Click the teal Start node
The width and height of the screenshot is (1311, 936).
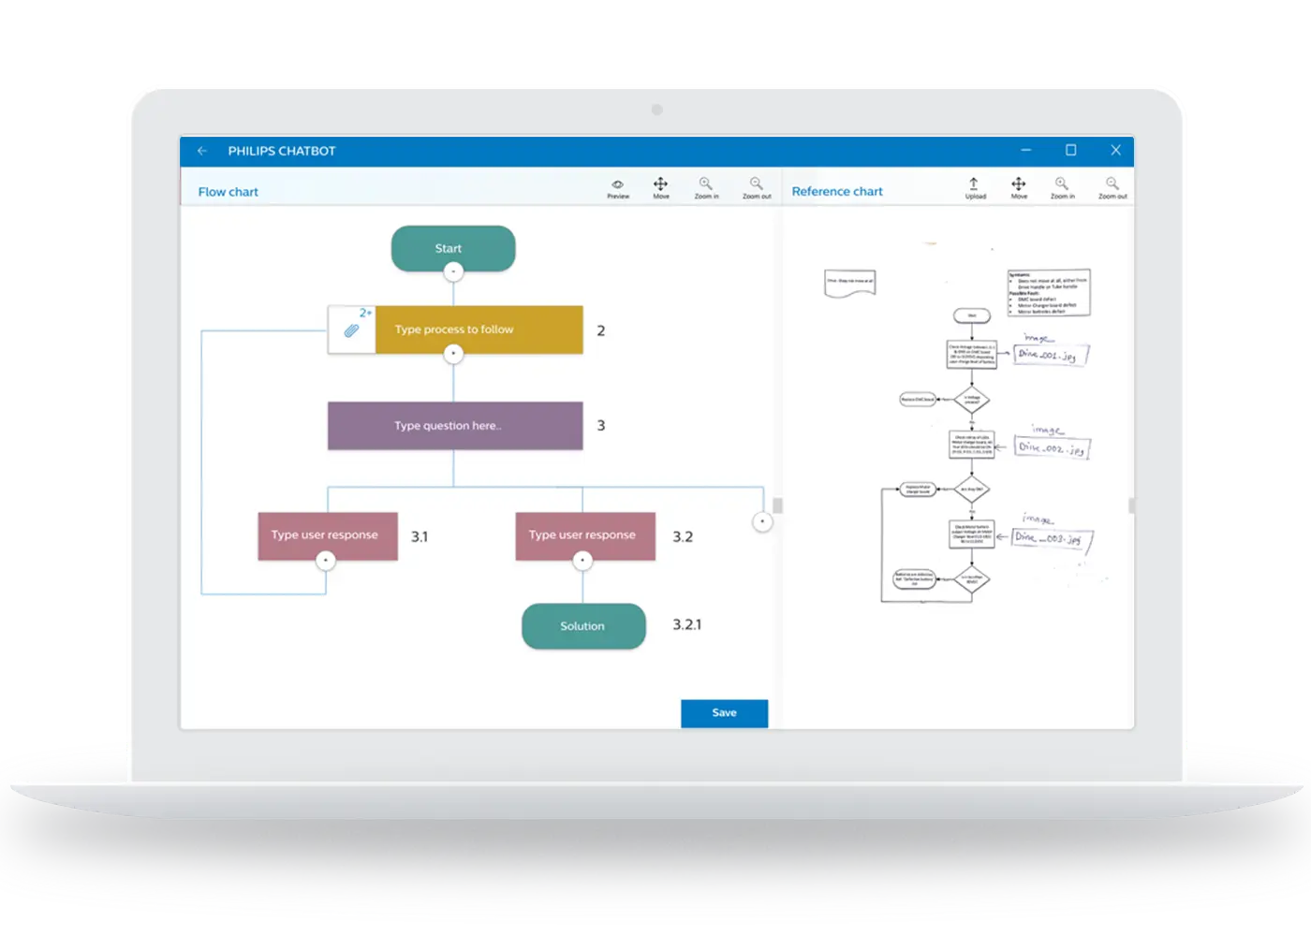(x=453, y=248)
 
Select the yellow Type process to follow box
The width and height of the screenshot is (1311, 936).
(x=479, y=329)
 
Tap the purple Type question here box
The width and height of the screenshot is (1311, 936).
(x=455, y=426)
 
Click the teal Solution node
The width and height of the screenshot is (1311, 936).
(x=583, y=626)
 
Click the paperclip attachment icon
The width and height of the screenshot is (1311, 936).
(x=351, y=330)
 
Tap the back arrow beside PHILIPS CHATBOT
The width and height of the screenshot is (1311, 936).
(x=202, y=151)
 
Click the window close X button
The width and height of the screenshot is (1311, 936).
(x=1115, y=150)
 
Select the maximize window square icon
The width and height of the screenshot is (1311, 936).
(x=1070, y=150)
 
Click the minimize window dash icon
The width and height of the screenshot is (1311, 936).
(x=1025, y=150)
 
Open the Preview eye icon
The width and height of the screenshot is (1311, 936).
(x=617, y=184)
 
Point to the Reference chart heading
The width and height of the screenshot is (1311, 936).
(x=837, y=192)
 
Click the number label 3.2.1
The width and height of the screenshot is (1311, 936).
(x=686, y=624)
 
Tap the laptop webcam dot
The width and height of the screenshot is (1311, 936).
(x=656, y=110)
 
